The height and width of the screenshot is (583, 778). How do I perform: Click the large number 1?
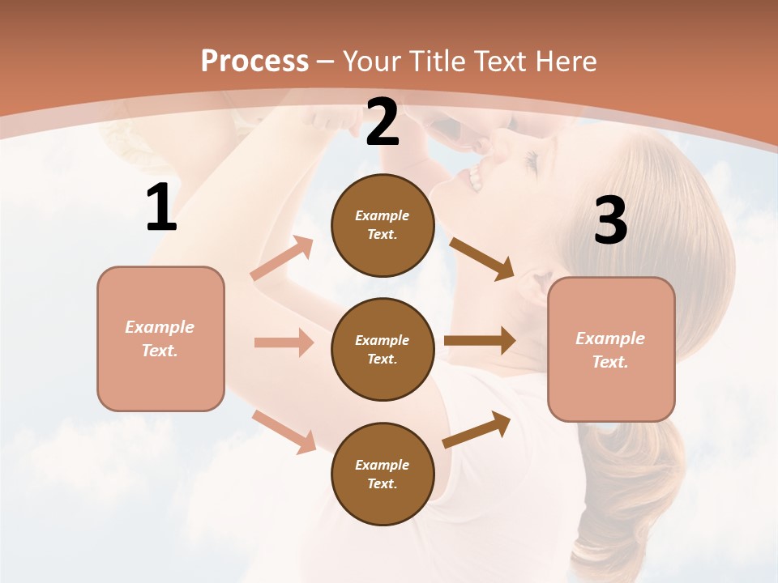pos(161,208)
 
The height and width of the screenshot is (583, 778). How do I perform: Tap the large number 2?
pos(383,122)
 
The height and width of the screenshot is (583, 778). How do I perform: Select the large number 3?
pos(610,221)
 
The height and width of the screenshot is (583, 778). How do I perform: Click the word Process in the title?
pos(254,61)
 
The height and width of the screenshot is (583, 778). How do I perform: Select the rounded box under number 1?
pos(160,338)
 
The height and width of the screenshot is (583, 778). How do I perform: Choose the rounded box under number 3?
pos(611,350)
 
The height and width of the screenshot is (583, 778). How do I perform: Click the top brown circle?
pos(383,225)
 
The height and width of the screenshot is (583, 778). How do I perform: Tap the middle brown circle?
pos(383,349)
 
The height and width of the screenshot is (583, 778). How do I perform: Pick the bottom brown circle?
pos(383,474)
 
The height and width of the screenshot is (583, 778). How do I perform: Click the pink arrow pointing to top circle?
pos(282,258)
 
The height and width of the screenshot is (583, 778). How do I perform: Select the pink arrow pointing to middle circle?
pos(284,343)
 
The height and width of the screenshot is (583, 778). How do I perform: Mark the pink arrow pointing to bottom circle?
pos(284,431)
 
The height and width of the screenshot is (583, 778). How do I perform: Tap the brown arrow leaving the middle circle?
pos(480,341)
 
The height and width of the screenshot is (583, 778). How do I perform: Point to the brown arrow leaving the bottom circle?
pos(477,430)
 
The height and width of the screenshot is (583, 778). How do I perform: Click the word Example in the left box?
pos(160,327)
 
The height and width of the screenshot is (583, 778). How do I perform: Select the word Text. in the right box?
pos(610,362)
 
